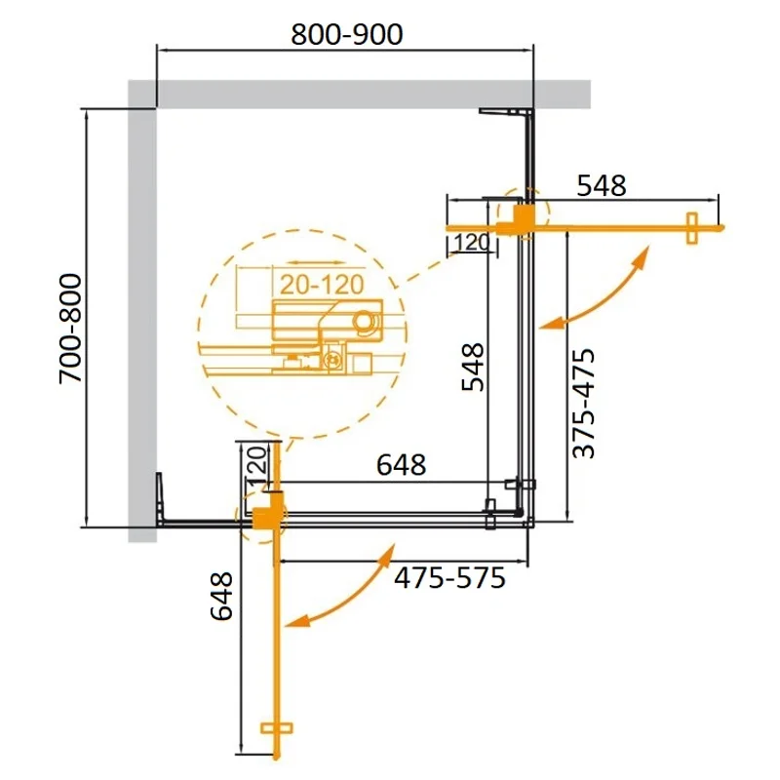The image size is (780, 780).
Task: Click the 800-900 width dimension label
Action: tap(347, 36)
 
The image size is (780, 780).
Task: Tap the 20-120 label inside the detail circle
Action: tap(318, 285)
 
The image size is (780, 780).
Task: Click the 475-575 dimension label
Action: tap(449, 579)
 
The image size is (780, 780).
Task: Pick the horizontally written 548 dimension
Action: tap(602, 186)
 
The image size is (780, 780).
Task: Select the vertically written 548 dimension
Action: tap(472, 366)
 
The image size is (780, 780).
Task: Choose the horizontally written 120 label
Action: tap(470, 243)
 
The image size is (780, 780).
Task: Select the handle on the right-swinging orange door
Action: tap(692, 229)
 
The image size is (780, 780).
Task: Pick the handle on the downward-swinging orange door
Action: tap(278, 728)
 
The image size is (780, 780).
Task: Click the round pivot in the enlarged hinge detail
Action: tap(367, 321)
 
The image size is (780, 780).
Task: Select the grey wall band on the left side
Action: tap(141, 312)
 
